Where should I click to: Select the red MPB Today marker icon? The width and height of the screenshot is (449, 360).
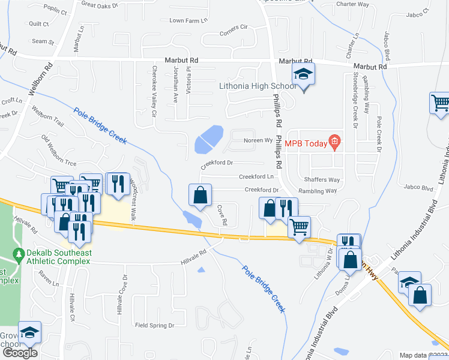pyautogui.click(x=335, y=143)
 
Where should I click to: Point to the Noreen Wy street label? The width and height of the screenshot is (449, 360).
pyautogui.click(x=258, y=140)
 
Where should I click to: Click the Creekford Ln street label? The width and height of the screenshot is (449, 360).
pyautogui.click(x=256, y=177)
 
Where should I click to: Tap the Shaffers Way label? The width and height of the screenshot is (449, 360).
pyautogui.click(x=321, y=180)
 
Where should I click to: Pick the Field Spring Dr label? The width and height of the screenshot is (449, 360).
pyautogui.click(x=154, y=325)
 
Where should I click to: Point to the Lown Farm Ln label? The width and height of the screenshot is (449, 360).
pyautogui.click(x=188, y=20)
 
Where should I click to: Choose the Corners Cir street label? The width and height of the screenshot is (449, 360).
pyautogui.click(x=234, y=28)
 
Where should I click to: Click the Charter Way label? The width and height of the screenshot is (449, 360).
pyautogui.click(x=352, y=4)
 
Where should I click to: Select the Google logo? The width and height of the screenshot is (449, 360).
pyautogui.click(x=19, y=353)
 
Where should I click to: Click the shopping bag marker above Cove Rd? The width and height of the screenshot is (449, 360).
pyautogui.click(x=200, y=195)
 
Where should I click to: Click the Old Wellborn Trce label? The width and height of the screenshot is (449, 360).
pyautogui.click(x=58, y=151)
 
